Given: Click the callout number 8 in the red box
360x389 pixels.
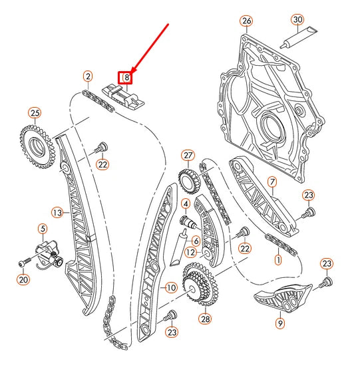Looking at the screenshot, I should pos(125,78).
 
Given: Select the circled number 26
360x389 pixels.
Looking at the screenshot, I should pos(246,21).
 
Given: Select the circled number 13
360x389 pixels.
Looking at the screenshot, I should pos(57,213).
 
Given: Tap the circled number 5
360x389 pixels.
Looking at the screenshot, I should pos(43,228).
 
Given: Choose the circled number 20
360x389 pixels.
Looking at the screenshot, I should pos(23,279).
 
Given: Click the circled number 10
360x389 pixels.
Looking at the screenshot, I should pos(170,288).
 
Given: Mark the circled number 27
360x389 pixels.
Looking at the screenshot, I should pos(188,156).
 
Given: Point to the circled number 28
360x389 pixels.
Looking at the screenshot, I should pos(204,319).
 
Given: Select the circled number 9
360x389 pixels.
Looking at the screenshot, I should pos(280,323).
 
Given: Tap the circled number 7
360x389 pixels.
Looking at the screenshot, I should pos(271,181).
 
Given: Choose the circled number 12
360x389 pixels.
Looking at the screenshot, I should pos(191,252).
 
